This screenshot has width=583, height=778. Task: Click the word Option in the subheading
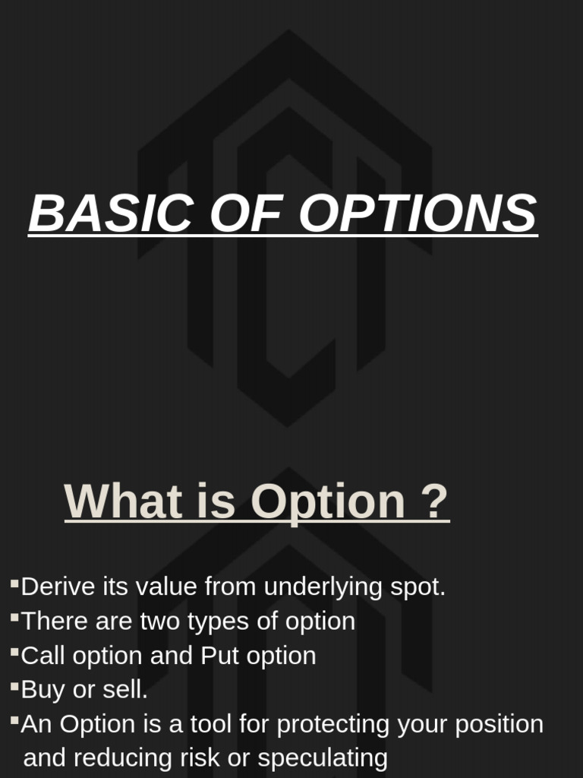tap(328, 503)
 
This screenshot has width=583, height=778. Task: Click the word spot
tap(418, 588)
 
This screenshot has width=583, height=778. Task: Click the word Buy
tap(43, 691)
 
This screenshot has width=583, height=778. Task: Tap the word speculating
tap(323, 759)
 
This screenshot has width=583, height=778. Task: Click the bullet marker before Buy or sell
tap(14, 686)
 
